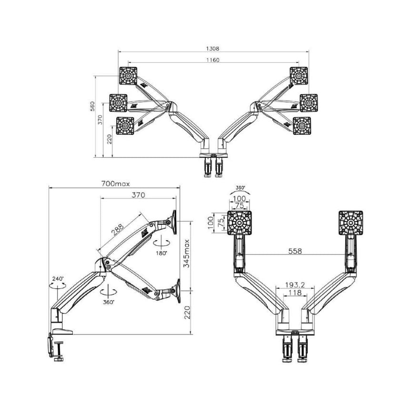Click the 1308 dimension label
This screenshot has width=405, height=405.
tap(213, 48)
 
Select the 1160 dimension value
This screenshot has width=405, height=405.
tap(213, 60)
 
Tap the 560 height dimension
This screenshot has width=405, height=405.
tap(92, 106)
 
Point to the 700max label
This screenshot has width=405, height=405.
tap(115, 183)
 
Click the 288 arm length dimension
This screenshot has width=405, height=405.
tap(118, 230)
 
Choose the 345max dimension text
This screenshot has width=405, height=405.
tap(186, 253)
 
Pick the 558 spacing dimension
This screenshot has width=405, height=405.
tap(295, 251)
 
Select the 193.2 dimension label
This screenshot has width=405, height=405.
tap(295, 284)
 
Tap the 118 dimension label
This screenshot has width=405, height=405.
tap(295, 293)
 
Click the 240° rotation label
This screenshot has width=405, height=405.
tap(58, 279)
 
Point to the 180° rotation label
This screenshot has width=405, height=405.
tap(162, 253)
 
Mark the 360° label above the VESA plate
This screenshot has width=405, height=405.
tap(240, 188)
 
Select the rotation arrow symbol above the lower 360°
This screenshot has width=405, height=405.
tap(109, 292)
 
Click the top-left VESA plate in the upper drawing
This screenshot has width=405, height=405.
tap(128, 76)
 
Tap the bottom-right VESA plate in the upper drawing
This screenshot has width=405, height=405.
tap(302, 126)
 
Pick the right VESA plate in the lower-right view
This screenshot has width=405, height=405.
tap(351, 223)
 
